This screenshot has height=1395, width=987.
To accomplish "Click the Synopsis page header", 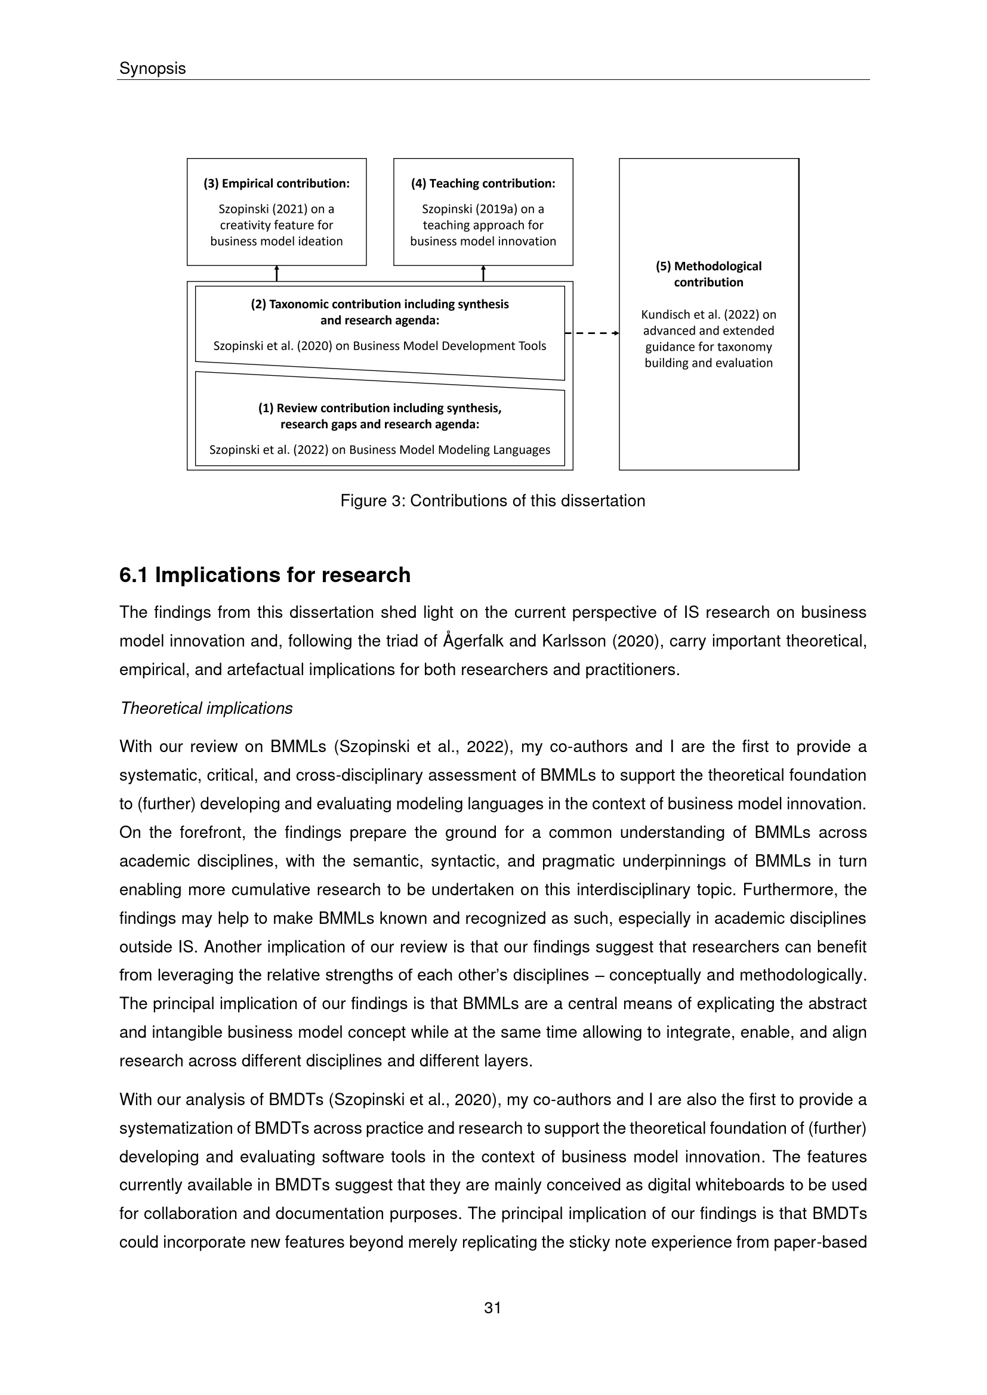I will [153, 69].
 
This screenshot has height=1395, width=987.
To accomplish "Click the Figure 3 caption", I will [492, 500].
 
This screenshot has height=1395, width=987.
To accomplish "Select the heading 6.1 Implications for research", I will [264, 575].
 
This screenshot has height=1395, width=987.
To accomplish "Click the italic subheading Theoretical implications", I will [206, 709].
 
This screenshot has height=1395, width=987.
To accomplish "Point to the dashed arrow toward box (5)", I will [593, 333].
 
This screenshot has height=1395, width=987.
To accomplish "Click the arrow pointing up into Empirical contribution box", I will [276, 273].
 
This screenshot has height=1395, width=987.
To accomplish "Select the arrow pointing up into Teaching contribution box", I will [483, 273].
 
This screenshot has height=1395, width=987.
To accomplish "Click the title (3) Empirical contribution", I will [276, 184].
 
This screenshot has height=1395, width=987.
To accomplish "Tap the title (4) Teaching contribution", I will [483, 184].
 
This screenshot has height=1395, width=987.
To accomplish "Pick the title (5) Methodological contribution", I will [708, 274].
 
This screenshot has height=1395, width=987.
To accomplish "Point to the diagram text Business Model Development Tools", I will [449, 347].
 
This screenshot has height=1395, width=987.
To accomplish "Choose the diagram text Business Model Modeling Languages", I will [449, 450].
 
